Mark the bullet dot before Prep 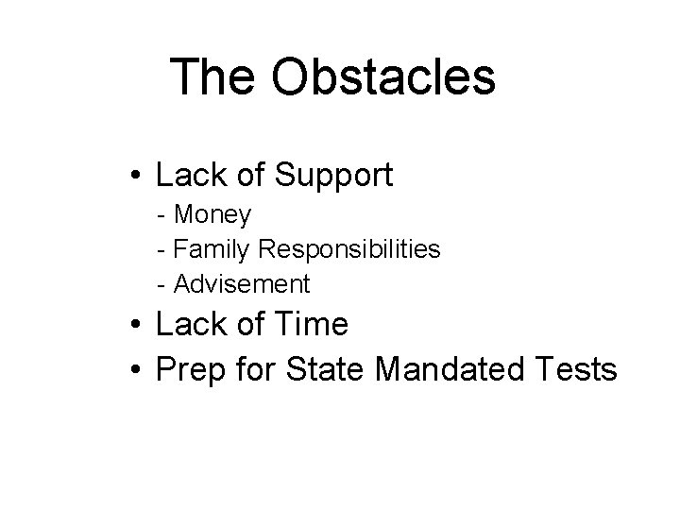pyautogui.click(x=138, y=369)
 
